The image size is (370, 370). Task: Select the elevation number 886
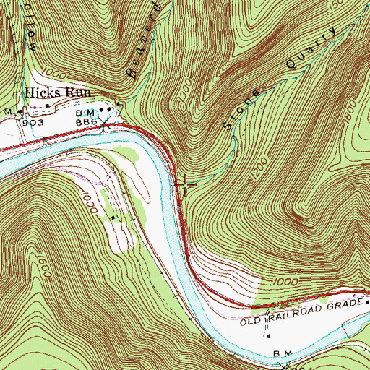[87, 124]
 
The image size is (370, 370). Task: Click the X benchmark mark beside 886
[105, 124]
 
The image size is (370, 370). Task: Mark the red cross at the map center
[185, 185]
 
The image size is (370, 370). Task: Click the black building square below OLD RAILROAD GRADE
[269, 335]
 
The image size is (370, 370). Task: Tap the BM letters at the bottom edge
[281, 353]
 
